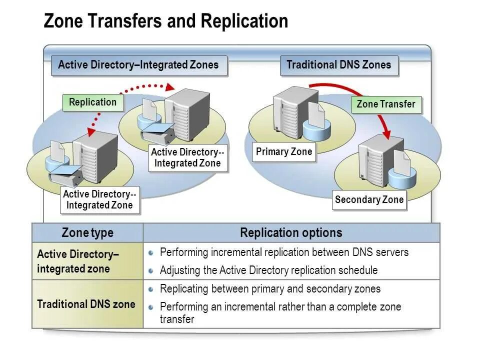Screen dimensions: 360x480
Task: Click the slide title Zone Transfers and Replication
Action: tap(166, 21)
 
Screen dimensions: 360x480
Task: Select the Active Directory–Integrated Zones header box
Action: tap(138, 65)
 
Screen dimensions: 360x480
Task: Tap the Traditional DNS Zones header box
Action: tap(338, 65)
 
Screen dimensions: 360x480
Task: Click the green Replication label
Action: tap(92, 102)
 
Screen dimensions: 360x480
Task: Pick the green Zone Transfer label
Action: tap(386, 104)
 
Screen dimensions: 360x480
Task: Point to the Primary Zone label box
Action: tap(284, 152)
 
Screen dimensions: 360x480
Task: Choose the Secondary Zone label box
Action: tap(369, 200)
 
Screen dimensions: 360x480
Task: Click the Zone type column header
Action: tap(87, 233)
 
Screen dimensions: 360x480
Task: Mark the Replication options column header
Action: tap(291, 233)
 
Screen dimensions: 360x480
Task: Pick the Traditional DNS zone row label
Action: tap(86, 304)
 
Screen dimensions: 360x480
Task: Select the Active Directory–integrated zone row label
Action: tap(78, 261)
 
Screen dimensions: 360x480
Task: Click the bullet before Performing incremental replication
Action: tap(151, 253)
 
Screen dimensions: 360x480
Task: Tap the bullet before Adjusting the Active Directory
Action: tap(151, 271)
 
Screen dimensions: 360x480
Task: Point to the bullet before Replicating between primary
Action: tap(151, 289)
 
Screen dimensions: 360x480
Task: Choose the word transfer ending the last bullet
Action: tap(176, 319)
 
